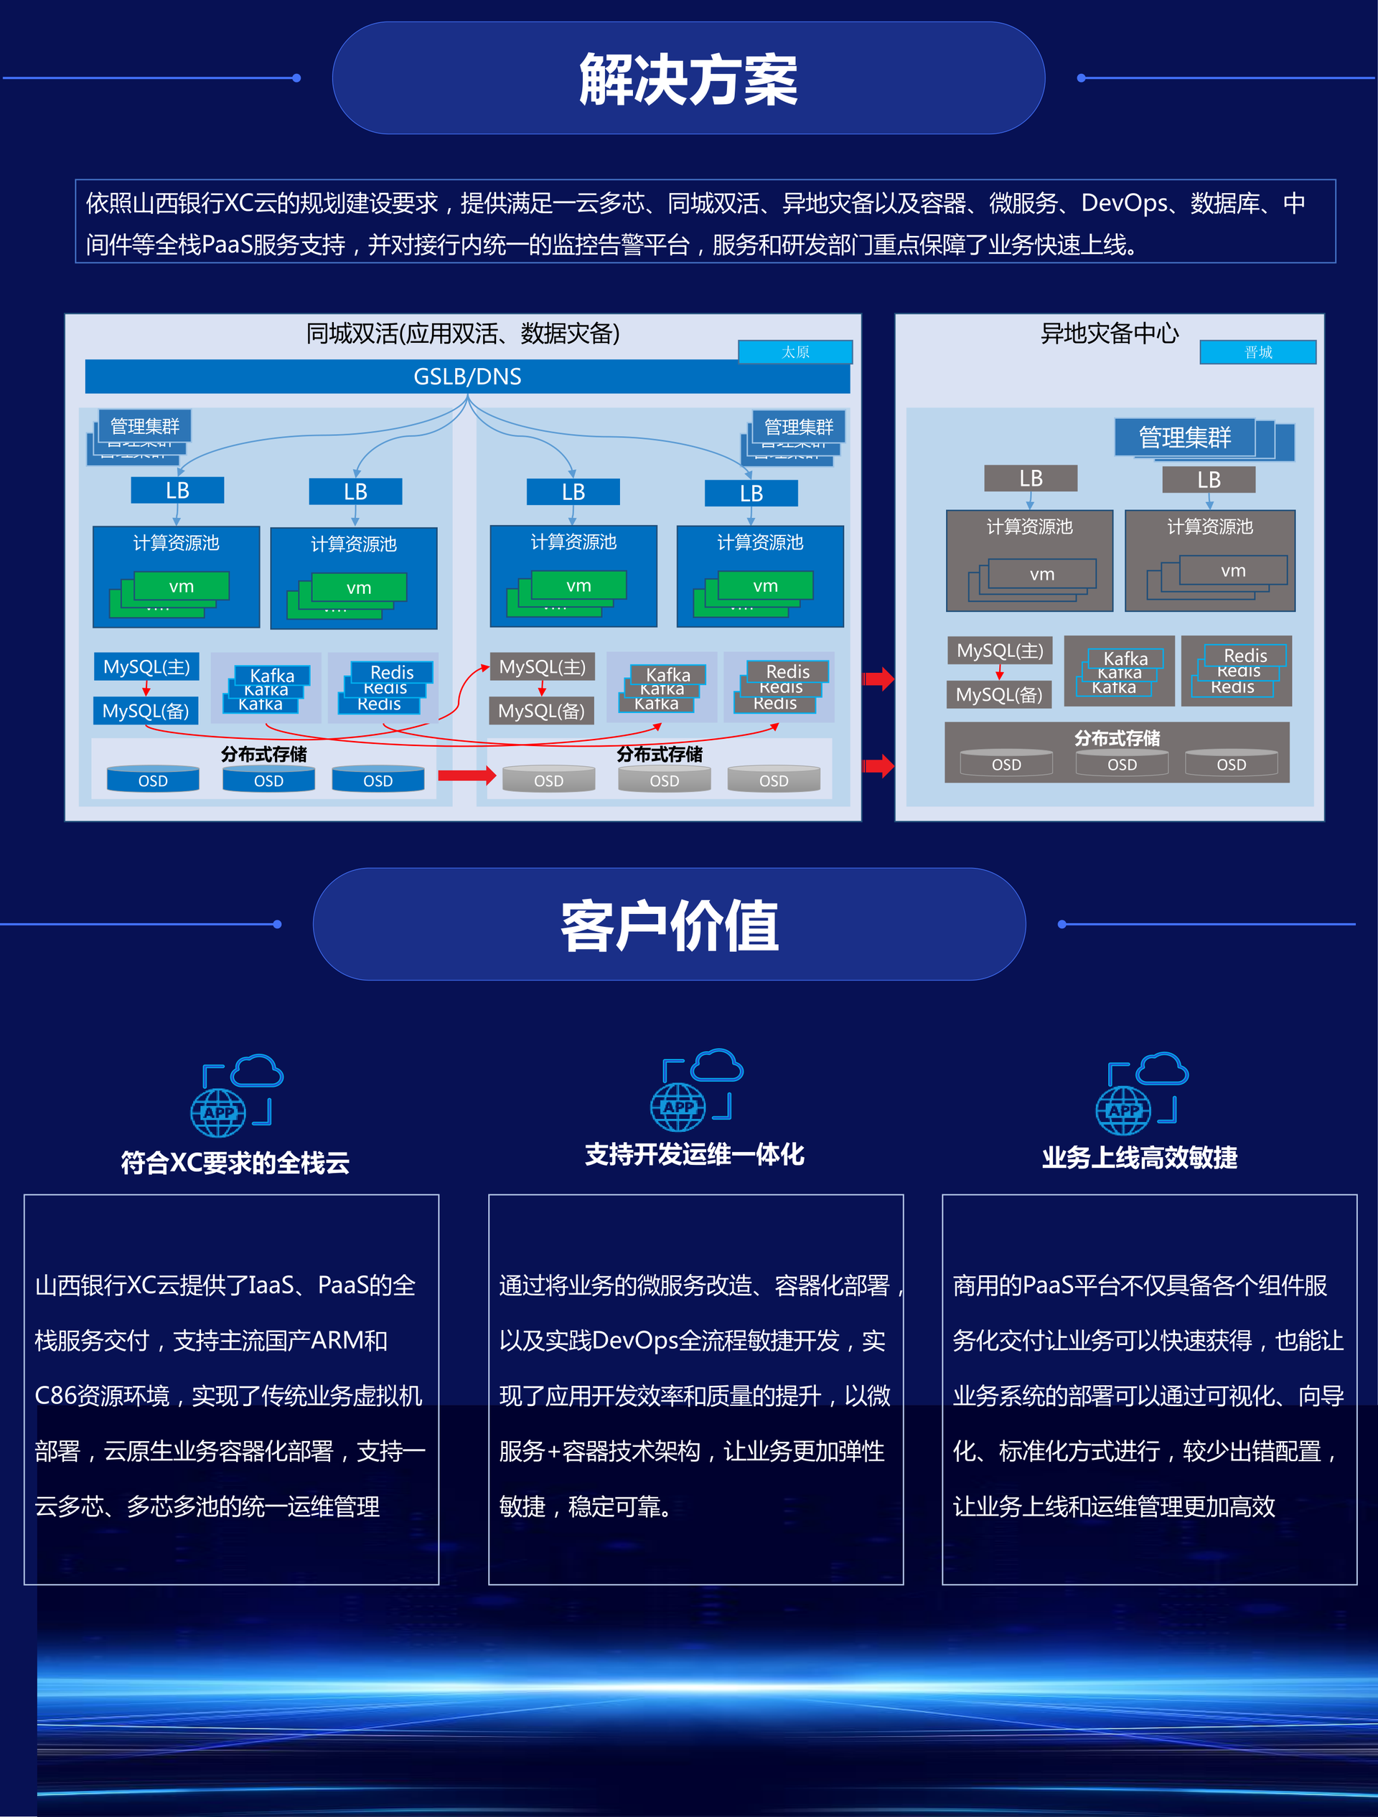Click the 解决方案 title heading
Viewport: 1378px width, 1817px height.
pos(688,80)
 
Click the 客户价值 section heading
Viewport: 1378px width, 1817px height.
pos(670,926)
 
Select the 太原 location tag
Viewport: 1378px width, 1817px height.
pos(795,352)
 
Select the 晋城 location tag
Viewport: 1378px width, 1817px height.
pos(1257,352)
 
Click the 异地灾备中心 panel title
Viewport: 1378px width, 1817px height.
pos(1110,334)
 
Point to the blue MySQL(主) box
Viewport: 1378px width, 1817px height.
pos(146,667)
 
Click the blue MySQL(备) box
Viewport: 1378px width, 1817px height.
pos(146,712)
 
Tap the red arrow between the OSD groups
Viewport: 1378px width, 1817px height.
pos(466,775)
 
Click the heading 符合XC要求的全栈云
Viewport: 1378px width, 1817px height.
pos(235,1163)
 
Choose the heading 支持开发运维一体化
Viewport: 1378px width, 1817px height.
pos(694,1155)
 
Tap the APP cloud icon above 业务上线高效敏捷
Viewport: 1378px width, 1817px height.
pos(1141,1093)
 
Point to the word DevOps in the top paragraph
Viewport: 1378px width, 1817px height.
pos(1124,203)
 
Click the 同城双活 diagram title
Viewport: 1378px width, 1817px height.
pos(463,334)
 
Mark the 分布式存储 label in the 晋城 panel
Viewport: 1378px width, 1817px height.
pos(1117,738)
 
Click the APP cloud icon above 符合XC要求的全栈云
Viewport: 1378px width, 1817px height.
pos(237,1095)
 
